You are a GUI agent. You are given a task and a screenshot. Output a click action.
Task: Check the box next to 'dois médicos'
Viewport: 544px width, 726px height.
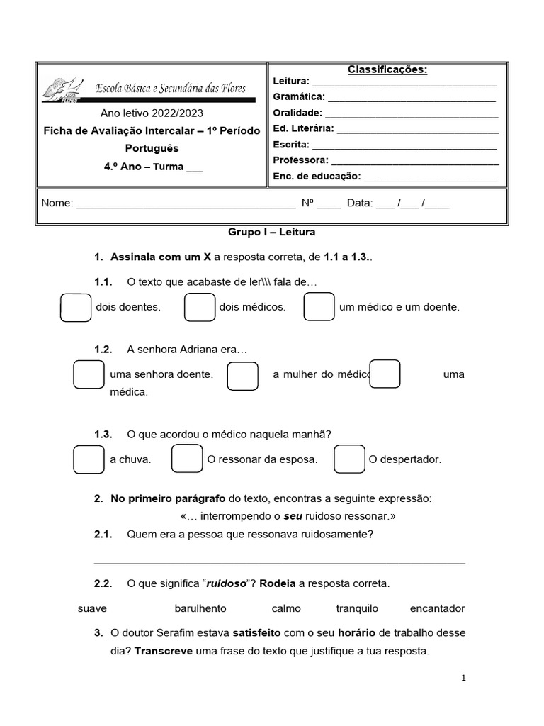coord(200,307)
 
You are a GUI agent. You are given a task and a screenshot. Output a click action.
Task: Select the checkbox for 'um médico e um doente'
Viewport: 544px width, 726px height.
coord(319,307)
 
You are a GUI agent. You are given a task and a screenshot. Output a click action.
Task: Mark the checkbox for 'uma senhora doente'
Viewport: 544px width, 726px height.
coord(89,374)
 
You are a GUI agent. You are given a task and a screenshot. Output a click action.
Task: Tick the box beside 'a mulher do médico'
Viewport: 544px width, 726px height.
coord(242,376)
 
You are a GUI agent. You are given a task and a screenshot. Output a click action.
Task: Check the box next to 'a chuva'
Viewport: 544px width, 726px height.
coord(89,459)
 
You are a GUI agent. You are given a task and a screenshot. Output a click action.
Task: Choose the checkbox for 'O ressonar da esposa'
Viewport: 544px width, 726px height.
coord(188,459)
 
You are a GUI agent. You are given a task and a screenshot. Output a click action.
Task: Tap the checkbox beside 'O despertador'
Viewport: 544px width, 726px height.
coord(349,459)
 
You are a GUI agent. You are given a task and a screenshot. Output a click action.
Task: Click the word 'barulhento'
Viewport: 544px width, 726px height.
coord(200,608)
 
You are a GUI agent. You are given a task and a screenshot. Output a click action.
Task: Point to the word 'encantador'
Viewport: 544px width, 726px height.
coord(437,608)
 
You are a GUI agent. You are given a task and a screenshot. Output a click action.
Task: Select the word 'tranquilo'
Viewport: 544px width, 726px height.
coord(357,608)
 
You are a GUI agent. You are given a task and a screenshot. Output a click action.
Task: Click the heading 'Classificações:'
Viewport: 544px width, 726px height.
coord(387,69)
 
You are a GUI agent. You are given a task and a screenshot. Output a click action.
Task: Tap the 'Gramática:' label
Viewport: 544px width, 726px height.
coord(299,97)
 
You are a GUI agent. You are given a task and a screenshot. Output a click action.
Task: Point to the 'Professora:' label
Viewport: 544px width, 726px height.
coord(300,160)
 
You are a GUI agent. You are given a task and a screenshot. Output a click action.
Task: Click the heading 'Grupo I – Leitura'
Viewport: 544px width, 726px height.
coord(271,232)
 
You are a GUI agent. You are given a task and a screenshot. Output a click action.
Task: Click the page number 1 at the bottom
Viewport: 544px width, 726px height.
coord(463,678)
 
